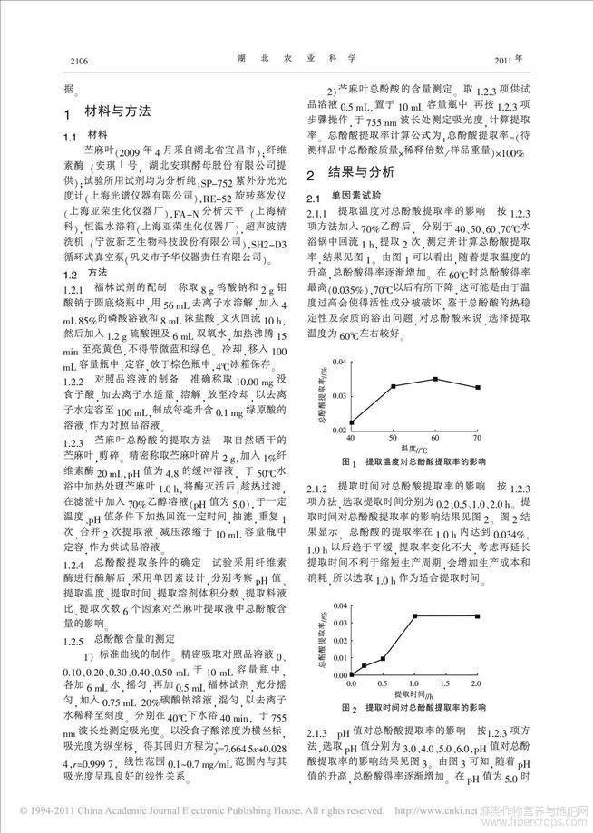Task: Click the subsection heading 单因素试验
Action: [x=356, y=195]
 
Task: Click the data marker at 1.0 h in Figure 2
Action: [x=414, y=616]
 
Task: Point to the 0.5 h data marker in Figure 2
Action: [x=383, y=659]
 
